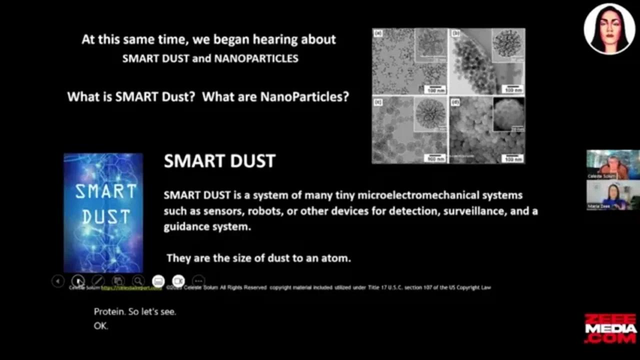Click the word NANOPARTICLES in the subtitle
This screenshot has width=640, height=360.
coord(256,58)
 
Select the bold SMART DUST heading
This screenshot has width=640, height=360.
coord(219,161)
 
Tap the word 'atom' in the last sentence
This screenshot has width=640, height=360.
coord(337,258)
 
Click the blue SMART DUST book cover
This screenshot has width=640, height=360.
coord(103,213)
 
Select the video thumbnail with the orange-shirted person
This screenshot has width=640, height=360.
coord(612,164)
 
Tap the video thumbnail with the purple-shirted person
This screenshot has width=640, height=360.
coord(612,195)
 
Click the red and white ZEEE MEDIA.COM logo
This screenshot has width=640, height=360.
coord(610,328)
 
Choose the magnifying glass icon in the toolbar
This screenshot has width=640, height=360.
coord(138,281)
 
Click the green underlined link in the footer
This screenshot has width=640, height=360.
coord(131,288)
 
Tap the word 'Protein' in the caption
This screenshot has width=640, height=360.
coord(109,311)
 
